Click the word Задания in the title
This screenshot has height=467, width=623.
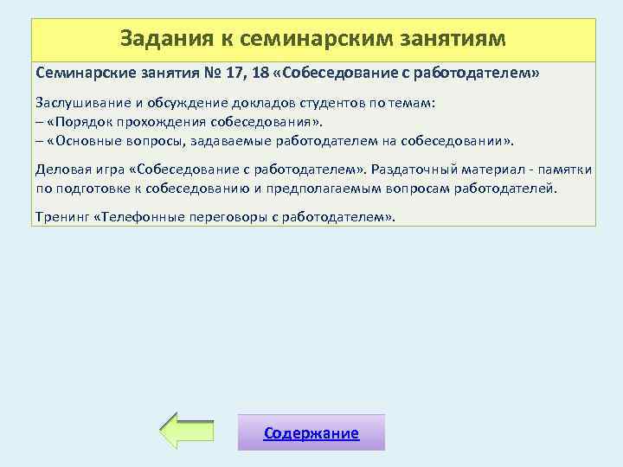tap(159, 39)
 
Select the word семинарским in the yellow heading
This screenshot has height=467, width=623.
tap(298, 39)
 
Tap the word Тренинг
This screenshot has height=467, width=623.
tap(61, 216)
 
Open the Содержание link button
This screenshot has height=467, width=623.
tap(311, 432)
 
